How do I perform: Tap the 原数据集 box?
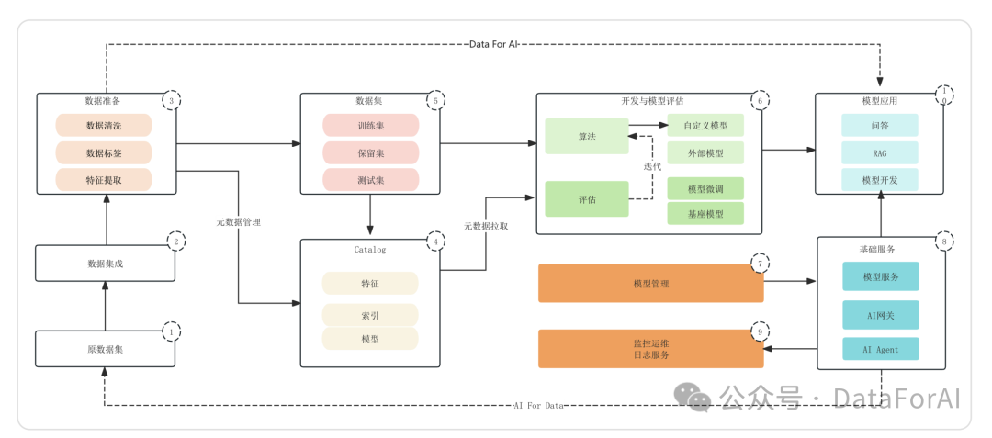pos(105,350)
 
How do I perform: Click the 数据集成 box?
pos(105,264)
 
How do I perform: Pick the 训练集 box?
pos(370,125)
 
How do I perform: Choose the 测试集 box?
pos(370,178)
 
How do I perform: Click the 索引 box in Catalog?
pos(370,314)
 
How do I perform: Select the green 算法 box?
pos(586,136)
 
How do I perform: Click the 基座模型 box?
pos(705,214)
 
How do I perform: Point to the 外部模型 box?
pos(705,152)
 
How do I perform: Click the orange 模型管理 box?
pos(651,284)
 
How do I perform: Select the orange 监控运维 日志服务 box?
pos(651,349)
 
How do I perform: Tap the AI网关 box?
pos(880,315)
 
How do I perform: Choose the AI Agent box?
pos(880,349)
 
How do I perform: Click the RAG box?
pos(880,152)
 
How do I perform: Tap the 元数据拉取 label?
pos(486,225)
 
